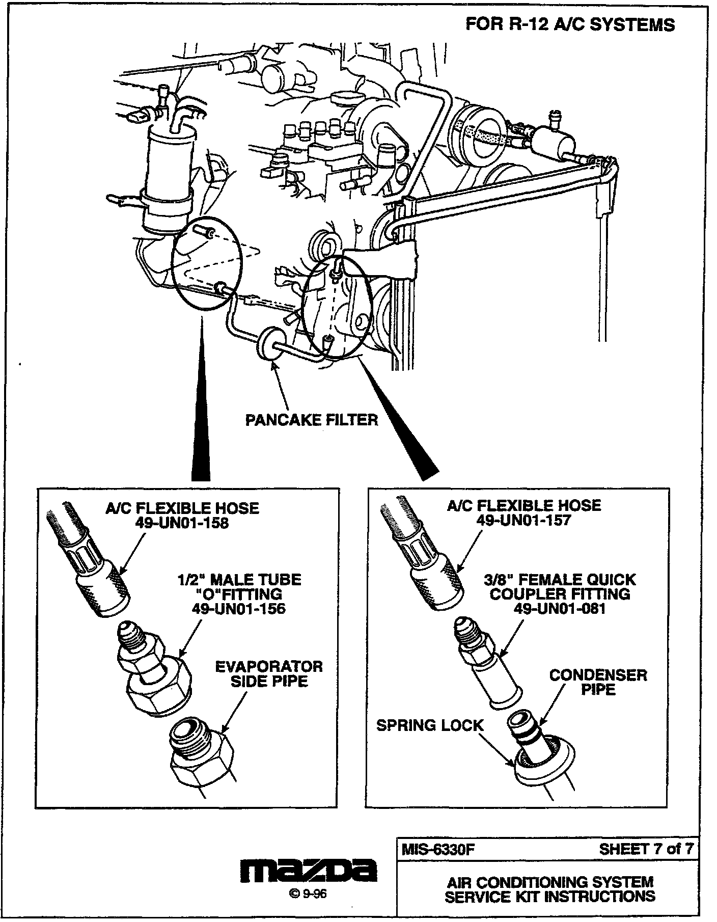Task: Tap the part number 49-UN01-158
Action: [x=182, y=523]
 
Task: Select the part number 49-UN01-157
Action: [x=523, y=520]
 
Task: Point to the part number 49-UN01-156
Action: [x=238, y=608]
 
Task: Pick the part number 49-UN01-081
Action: [x=560, y=608]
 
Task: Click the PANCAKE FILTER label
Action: [x=312, y=420]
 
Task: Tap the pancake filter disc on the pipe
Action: [x=270, y=346]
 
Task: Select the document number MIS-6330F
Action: [x=438, y=849]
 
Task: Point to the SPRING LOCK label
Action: [x=429, y=725]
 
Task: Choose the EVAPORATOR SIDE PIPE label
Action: [x=269, y=674]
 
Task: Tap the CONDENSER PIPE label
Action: [x=598, y=683]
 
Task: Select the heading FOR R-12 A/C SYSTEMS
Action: [x=570, y=24]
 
